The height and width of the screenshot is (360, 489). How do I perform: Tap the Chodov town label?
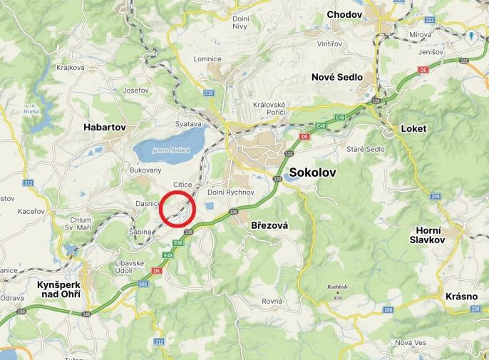tap(346, 14)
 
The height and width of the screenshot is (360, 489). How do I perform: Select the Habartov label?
tap(104, 127)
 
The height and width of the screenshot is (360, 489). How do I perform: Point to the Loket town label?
tap(413, 129)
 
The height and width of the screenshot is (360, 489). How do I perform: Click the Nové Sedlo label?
tap(336, 77)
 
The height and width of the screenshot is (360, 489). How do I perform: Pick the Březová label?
tap(269, 225)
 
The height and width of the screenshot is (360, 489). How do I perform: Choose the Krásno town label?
tap(460, 295)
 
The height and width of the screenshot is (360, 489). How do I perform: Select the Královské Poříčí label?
tap(269, 108)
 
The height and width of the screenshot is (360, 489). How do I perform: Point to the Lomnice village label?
tap(208, 58)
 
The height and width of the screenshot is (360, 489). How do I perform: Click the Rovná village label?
tap(272, 301)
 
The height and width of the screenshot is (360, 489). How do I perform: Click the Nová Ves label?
tap(410, 343)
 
